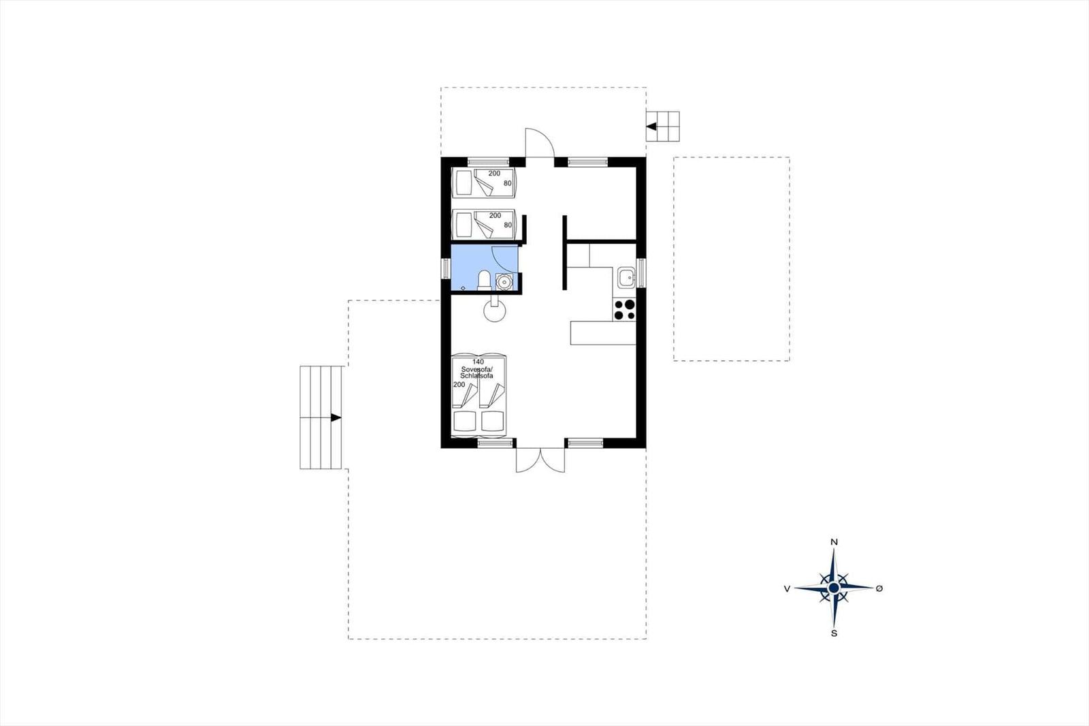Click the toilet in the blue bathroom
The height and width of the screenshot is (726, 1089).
click(484, 281)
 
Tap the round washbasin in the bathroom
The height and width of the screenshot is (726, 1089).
click(504, 281)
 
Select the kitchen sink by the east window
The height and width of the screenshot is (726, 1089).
click(625, 279)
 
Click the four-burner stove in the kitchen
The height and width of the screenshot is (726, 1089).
click(624, 310)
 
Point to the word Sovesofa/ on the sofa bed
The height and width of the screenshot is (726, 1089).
click(477, 369)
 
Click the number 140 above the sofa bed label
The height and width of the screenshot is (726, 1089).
click(478, 362)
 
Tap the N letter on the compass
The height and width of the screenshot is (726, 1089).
click(834, 542)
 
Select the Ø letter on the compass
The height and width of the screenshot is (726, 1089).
click(879, 588)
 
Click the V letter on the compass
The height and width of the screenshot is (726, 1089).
click(787, 589)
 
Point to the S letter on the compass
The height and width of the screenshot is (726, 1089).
click(834, 633)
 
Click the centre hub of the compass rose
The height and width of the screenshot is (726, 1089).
click(834, 588)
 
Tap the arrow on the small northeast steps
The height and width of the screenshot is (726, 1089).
click(651, 127)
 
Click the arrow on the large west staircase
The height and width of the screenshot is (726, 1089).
click(336, 417)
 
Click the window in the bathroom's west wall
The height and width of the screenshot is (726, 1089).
click(446, 268)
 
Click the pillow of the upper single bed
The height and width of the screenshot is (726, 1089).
click(462, 183)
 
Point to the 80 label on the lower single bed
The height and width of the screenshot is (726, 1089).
click(508, 225)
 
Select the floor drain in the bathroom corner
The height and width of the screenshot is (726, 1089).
click(463, 288)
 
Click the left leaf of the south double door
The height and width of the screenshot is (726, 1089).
click(528, 460)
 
